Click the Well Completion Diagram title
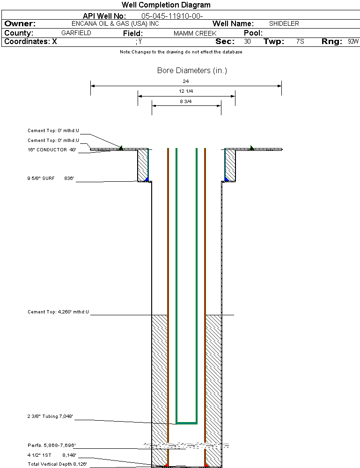(166, 5)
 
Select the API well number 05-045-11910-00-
(172, 16)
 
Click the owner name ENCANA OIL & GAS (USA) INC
(115, 23)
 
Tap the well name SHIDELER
(284, 23)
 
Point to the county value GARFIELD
(76, 33)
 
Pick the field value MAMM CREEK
(195, 33)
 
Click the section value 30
(247, 41)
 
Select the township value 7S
(301, 41)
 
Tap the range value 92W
(353, 41)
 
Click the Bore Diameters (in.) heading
(192, 70)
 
